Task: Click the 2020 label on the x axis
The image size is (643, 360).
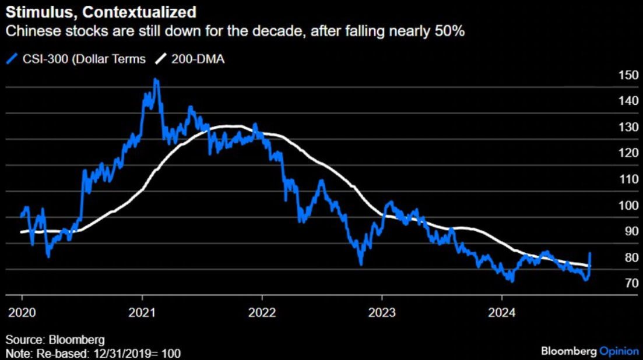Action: point(22,311)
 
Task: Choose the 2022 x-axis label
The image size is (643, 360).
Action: point(262,311)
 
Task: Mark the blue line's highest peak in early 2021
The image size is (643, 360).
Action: point(156,80)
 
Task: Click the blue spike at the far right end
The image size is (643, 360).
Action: point(591,254)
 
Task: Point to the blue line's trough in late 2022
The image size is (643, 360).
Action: point(361,263)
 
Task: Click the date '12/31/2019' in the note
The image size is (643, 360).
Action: point(117,353)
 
